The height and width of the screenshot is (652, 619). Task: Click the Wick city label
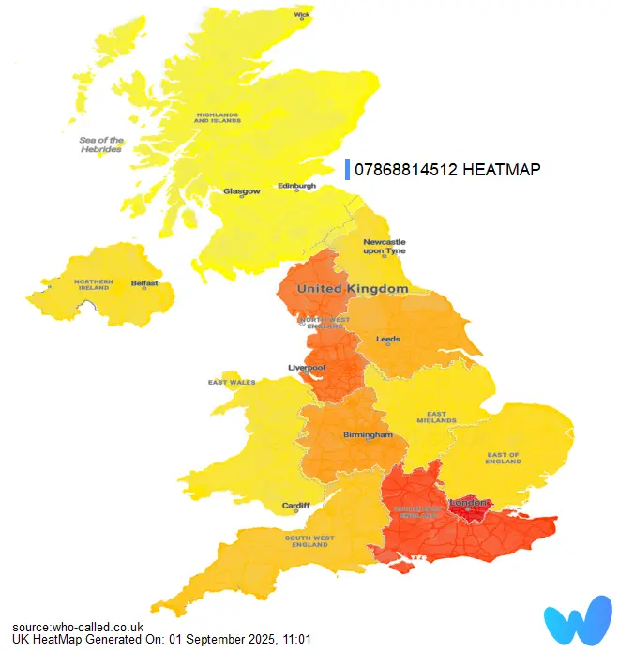(x=302, y=15)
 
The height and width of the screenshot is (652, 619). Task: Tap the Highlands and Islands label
(x=218, y=118)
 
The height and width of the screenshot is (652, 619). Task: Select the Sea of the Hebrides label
(x=100, y=144)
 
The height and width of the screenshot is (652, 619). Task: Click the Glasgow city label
(x=241, y=191)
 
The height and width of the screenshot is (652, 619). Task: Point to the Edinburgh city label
(x=296, y=186)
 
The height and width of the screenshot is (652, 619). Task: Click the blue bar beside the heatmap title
(x=348, y=169)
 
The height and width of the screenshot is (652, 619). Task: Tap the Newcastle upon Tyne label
(x=384, y=247)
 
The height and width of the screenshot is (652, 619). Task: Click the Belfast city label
(x=144, y=282)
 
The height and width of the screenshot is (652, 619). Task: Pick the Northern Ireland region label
(x=95, y=285)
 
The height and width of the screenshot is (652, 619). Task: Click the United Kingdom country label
(x=353, y=289)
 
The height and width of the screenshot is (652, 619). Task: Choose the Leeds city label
(x=387, y=339)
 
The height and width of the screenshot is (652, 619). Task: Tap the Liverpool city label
(x=306, y=368)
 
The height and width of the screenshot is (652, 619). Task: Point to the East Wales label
(x=231, y=383)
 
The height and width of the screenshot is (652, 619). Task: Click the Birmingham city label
(x=368, y=435)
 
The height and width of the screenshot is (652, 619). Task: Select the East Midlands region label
(x=443, y=417)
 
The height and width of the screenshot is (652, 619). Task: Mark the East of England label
(x=503, y=459)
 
